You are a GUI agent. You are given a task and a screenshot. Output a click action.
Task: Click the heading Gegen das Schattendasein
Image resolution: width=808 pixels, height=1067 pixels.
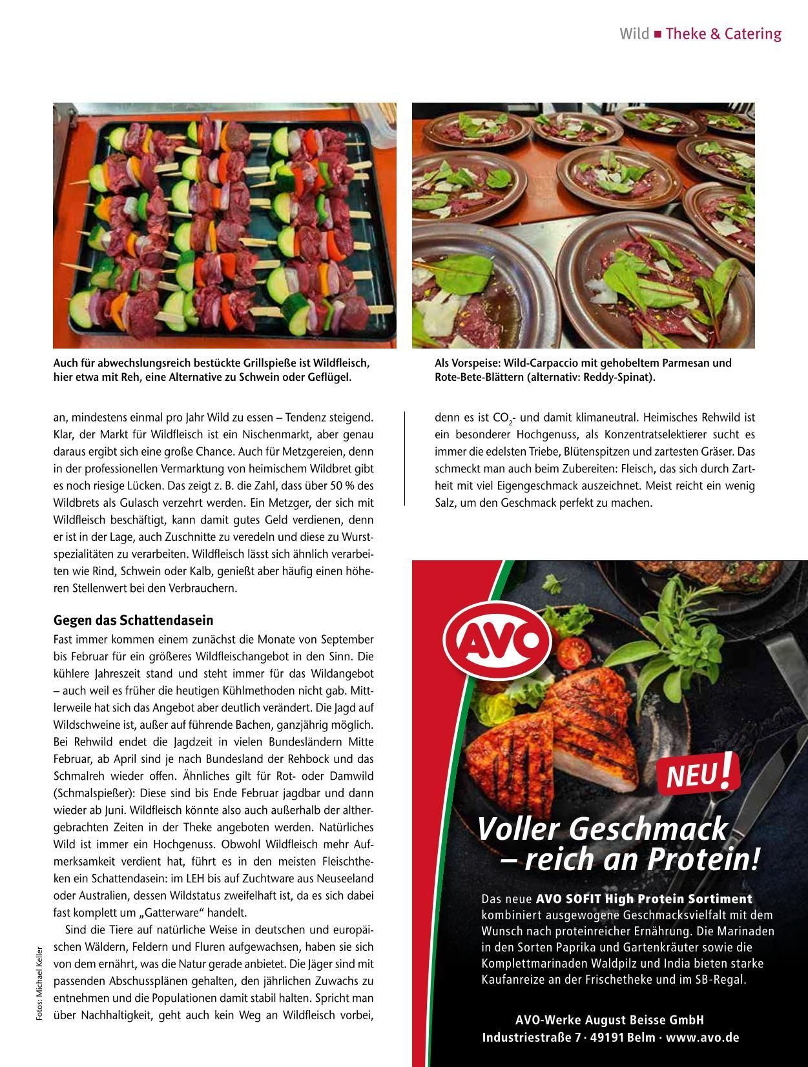point(133,620)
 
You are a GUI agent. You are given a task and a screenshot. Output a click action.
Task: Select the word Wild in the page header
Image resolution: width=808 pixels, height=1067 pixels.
point(634,34)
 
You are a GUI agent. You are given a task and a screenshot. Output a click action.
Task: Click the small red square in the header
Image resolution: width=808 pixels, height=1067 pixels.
point(658,34)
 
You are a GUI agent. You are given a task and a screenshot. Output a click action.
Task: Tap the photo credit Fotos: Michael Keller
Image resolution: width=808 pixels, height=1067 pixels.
point(39,983)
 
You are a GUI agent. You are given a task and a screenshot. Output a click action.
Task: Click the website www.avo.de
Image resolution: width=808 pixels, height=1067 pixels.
point(703,1038)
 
